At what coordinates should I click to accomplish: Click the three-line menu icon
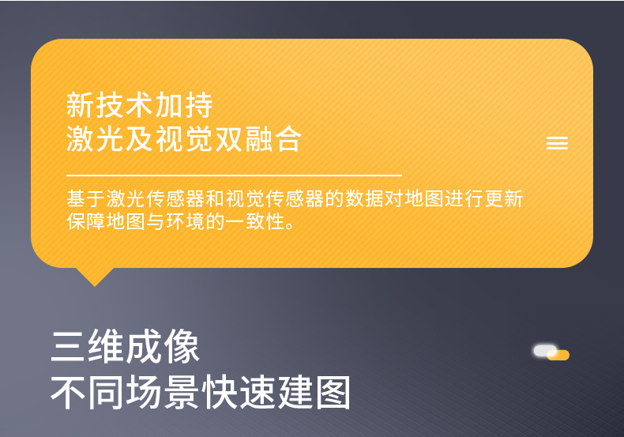point(557,143)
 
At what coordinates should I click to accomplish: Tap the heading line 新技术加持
point(140,105)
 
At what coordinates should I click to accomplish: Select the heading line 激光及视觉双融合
point(184,139)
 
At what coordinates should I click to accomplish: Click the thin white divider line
point(234,174)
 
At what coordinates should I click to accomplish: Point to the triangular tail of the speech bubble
point(95,276)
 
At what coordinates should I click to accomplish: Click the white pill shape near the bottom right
point(545,349)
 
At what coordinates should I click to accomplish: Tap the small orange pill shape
point(558,356)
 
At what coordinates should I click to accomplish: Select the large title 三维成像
point(125,348)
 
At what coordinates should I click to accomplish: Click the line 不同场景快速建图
point(201,392)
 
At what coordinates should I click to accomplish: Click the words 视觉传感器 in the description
point(273,198)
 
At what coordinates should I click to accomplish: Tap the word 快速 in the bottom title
point(238,392)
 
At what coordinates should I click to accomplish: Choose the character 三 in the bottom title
point(69,348)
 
